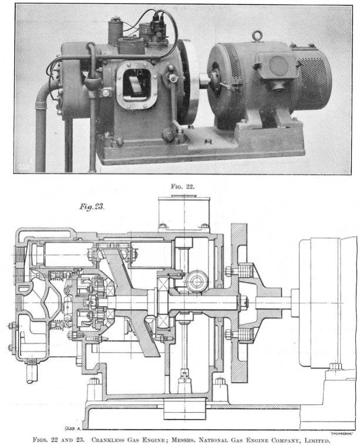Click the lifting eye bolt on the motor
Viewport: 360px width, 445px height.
pos(256,35)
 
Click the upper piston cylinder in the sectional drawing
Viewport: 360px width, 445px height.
pos(62,255)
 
